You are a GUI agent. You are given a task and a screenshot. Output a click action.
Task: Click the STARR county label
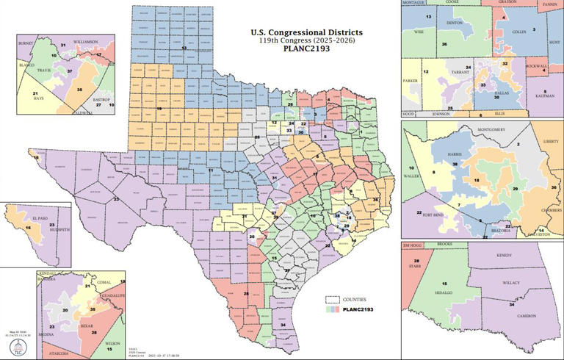(x=415, y=267)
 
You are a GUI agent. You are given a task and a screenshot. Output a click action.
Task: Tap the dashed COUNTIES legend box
(x=333, y=300)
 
